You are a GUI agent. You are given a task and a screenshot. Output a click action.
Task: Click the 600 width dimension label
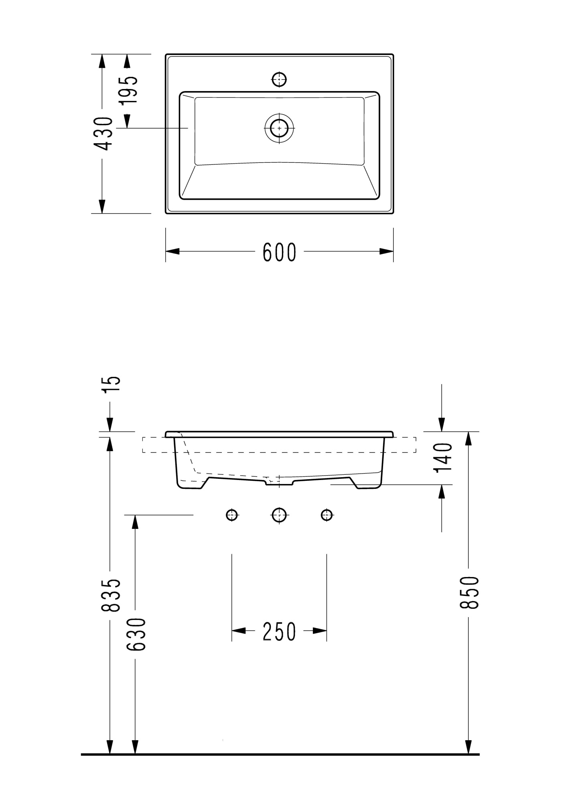pyautogui.click(x=280, y=252)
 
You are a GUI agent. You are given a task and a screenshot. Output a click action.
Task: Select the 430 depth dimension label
pyautogui.click(x=103, y=134)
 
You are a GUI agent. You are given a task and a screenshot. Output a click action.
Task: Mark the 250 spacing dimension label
pyautogui.click(x=279, y=631)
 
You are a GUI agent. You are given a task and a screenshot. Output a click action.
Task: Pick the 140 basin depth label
pyautogui.click(x=443, y=457)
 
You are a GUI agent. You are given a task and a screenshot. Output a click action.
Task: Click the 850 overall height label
pyautogui.click(x=469, y=592)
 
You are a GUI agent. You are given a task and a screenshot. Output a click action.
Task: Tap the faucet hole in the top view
pyautogui.click(x=279, y=79)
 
